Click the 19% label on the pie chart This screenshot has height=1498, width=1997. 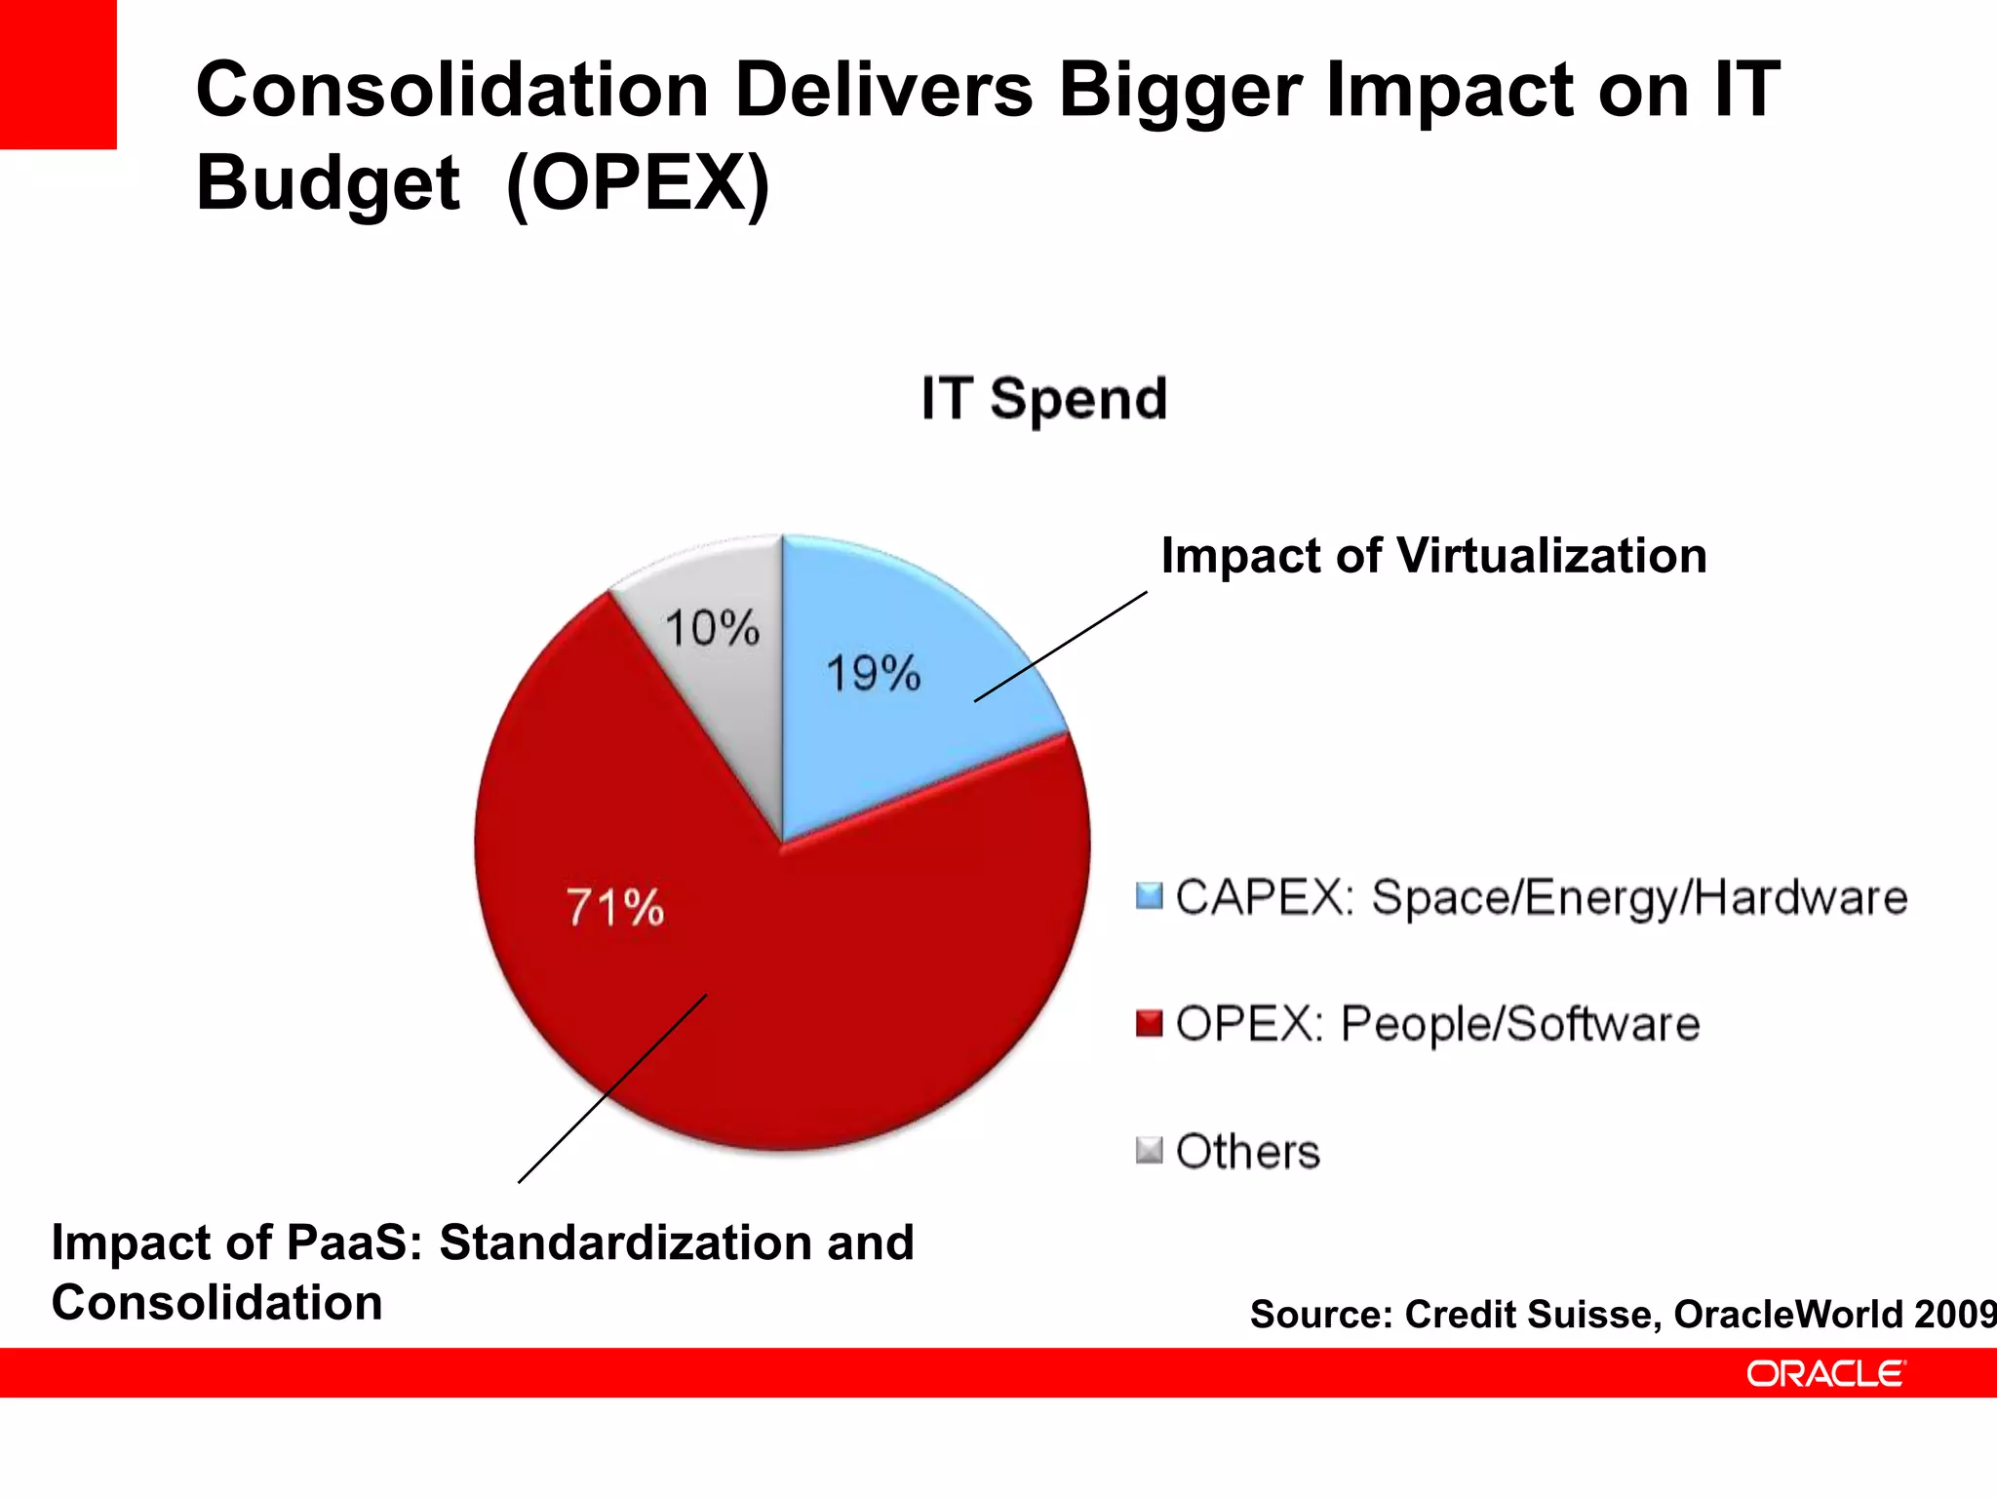pyautogui.click(x=874, y=674)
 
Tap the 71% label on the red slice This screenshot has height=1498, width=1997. pyautogui.click(x=615, y=908)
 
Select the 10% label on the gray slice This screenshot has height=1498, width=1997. pyautogui.click(x=712, y=628)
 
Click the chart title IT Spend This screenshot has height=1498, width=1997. pyautogui.click(x=1044, y=399)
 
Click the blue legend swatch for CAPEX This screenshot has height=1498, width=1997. pyautogui.click(x=1150, y=895)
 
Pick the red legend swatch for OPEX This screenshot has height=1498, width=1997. pyautogui.click(x=1150, y=1024)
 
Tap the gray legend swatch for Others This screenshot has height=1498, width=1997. pyautogui.click(x=1150, y=1151)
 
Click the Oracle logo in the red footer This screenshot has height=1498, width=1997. pyautogui.click(x=1824, y=1374)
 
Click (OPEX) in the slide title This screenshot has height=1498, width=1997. pyautogui.click(x=639, y=183)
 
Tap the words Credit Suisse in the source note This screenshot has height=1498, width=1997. pyautogui.click(x=1528, y=1315)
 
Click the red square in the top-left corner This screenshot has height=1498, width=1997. pyautogui.click(x=58, y=73)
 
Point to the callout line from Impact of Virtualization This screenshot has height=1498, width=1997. pyautogui.click(x=1061, y=646)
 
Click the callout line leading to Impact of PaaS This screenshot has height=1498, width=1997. pyautogui.click(x=612, y=1088)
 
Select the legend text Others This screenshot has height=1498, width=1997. pyautogui.click(x=1248, y=1152)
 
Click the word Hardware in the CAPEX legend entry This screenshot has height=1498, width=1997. pyautogui.click(x=1801, y=897)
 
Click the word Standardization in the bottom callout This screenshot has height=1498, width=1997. pyautogui.click(x=625, y=1243)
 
